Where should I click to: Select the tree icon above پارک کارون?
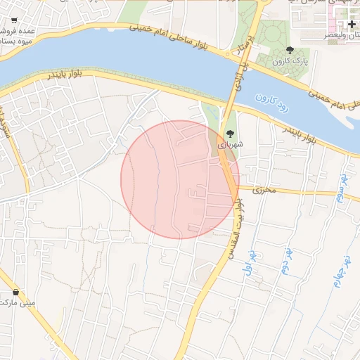290,49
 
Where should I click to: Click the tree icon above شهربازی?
229,132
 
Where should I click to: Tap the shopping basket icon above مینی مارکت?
15,292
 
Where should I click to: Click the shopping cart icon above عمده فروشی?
15,21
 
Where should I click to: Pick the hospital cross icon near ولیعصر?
352,25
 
